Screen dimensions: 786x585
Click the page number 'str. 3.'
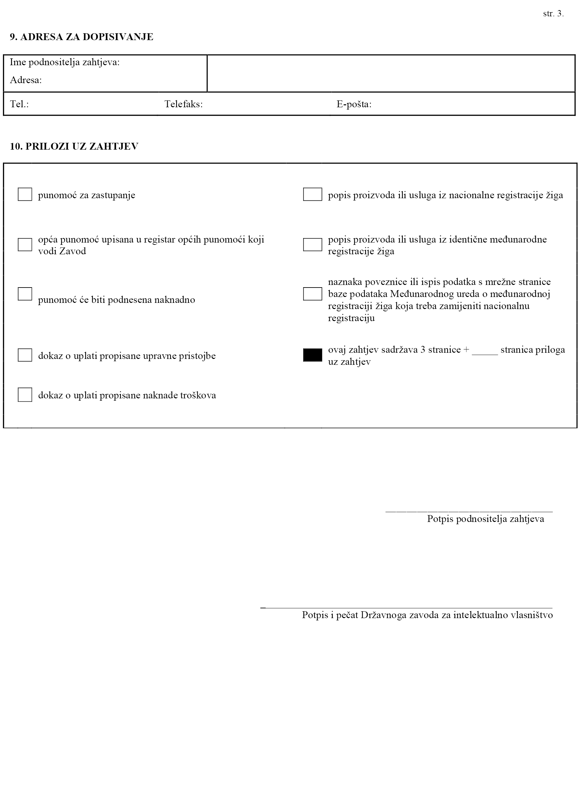(x=553, y=14)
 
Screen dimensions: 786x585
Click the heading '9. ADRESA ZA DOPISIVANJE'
(x=81, y=37)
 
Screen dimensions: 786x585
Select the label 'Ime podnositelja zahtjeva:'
(x=65, y=62)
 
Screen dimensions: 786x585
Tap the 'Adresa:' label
(x=25, y=80)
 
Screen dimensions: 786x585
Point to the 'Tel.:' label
(x=19, y=104)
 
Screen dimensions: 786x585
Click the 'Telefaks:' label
(x=183, y=104)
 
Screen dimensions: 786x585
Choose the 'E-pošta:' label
(x=354, y=104)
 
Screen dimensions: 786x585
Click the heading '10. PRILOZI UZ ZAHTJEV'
(x=74, y=146)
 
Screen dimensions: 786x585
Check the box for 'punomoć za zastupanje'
(x=25, y=195)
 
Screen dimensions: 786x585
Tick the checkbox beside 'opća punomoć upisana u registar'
(x=25, y=245)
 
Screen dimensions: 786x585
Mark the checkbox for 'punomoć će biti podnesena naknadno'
(x=25, y=294)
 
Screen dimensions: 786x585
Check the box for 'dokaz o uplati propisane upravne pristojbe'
(x=25, y=355)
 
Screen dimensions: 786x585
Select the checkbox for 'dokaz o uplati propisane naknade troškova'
(x=25, y=394)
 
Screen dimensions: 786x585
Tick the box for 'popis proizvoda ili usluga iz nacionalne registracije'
(x=312, y=195)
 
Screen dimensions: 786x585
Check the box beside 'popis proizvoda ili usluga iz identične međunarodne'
(x=312, y=245)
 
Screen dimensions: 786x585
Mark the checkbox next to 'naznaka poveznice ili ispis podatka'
(x=312, y=294)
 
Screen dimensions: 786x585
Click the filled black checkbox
(x=312, y=355)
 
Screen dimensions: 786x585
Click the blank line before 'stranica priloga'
(x=485, y=353)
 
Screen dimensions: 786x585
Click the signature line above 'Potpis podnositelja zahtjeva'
(x=469, y=511)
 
